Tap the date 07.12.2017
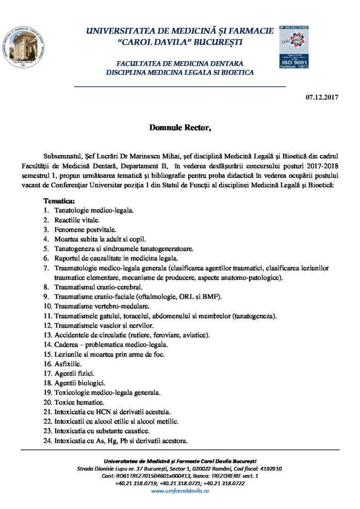tap(322, 97)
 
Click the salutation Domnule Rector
tap(180, 128)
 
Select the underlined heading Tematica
tap(59, 202)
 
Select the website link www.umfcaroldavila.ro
tap(180, 491)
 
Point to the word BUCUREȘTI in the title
tap(215, 42)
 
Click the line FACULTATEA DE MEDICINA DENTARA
tap(180, 64)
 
